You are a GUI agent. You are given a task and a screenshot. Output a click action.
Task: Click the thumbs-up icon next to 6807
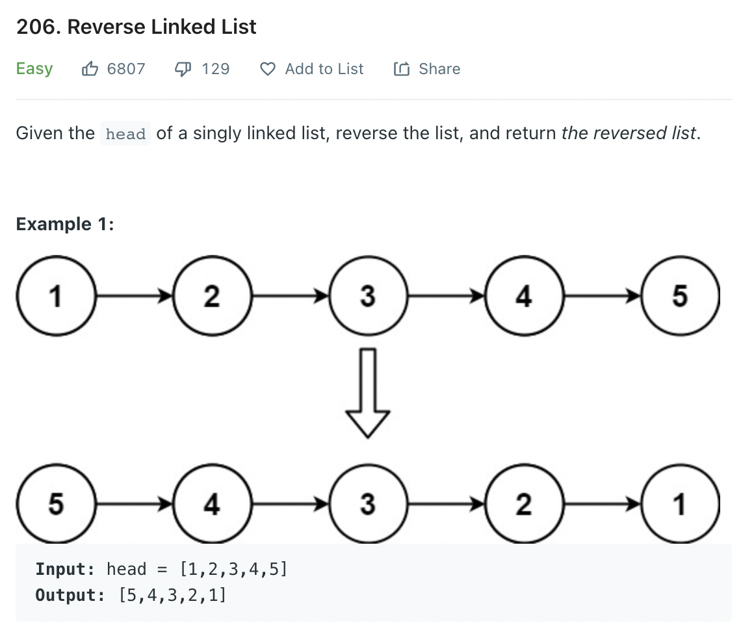90,69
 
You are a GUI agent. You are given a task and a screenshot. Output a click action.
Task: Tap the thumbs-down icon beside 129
183,70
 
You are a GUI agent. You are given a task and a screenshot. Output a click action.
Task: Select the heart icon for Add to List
267,70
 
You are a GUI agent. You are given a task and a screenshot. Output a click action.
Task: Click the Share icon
402,69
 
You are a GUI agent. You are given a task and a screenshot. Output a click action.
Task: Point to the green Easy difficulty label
34,69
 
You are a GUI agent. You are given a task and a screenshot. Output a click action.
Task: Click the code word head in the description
125,134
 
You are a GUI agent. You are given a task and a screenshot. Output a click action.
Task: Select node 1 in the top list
57,295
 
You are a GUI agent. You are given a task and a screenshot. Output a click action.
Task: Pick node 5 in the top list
680,295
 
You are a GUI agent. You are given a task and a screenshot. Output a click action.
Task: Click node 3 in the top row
368,295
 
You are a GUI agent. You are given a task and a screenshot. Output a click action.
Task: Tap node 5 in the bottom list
57,504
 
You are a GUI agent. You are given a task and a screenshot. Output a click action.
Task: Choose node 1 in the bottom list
680,504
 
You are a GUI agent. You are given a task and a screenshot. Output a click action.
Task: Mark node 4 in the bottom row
212,504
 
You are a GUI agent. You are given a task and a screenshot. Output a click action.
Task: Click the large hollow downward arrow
368,393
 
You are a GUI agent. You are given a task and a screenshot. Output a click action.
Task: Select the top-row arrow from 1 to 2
134,295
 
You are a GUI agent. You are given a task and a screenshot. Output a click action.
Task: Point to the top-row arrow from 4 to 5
602,295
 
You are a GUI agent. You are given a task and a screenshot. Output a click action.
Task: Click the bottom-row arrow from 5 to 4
134,504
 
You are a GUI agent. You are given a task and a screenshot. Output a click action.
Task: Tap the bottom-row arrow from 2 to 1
602,504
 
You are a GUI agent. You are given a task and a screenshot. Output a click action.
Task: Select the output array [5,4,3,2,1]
172,595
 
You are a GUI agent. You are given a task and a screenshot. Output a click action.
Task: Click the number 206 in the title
38,27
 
